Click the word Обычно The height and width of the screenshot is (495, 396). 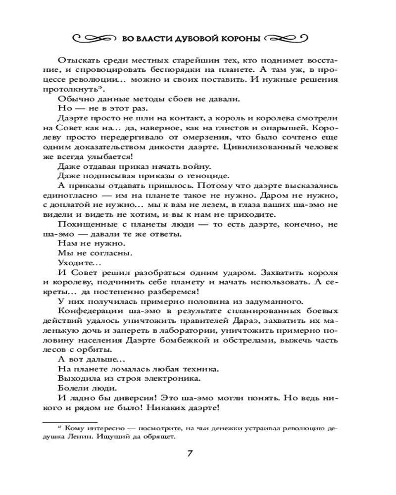coord(73,99)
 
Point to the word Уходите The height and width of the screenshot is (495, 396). coord(75,262)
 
